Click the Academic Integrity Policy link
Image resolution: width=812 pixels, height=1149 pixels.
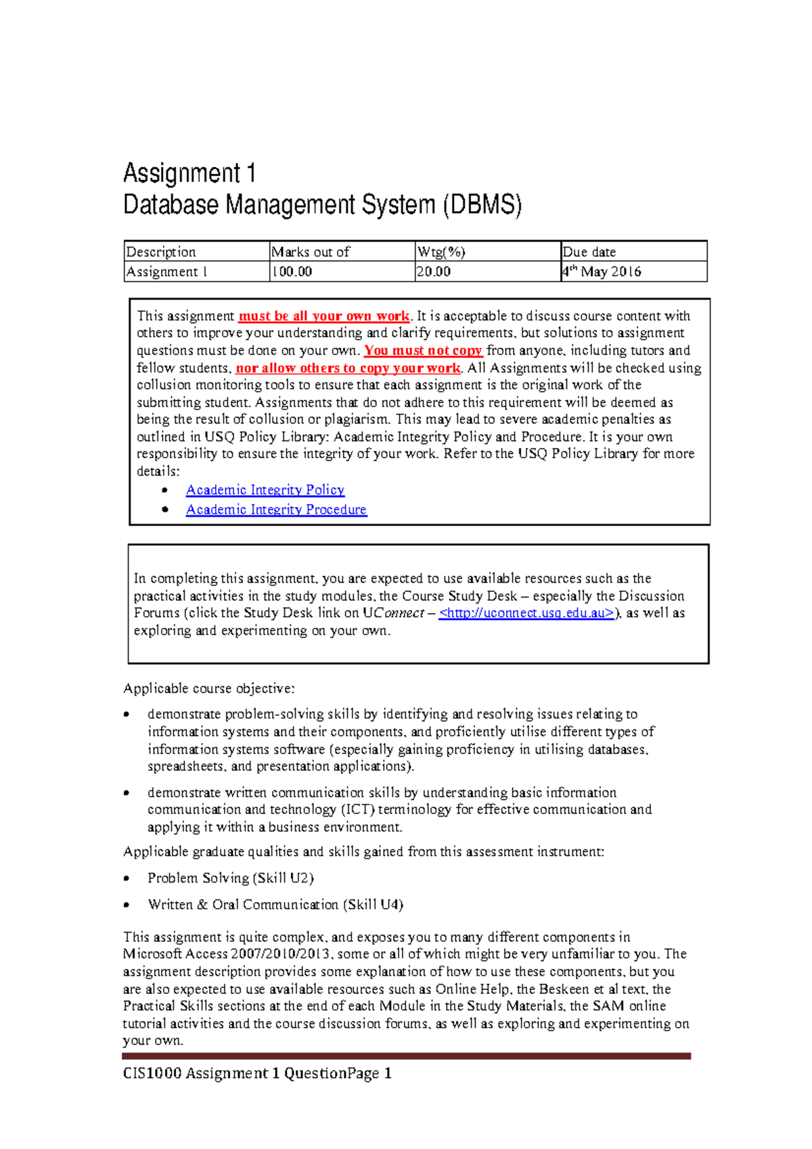pos(265,490)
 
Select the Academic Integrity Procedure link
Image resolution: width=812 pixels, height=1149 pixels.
pos(276,510)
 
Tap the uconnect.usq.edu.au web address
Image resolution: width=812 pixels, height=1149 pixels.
pos(527,613)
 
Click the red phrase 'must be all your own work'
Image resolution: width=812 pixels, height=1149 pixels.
pos(324,316)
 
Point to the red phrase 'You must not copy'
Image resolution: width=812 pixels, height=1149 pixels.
pos(423,351)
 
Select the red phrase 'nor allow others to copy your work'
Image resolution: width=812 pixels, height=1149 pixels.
pos(348,368)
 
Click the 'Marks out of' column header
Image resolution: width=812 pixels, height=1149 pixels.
pos(311,252)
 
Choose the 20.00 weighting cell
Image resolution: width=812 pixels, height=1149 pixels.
pos(434,272)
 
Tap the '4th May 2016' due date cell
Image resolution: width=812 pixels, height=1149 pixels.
pos(602,272)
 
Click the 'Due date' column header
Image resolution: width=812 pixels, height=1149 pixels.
pos(589,252)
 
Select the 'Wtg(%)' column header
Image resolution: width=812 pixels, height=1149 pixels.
pos(441,252)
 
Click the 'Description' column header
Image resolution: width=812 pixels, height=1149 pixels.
pos(161,252)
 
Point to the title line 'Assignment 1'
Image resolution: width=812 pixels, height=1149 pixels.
pos(189,174)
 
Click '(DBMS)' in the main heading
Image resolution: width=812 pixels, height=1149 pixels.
pos(482,205)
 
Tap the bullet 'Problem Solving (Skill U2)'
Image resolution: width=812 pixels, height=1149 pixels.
pos(230,878)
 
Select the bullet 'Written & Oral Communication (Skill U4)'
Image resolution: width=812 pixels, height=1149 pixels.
pos(275,905)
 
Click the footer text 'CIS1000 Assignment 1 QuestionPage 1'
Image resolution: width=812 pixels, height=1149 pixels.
pos(257,1073)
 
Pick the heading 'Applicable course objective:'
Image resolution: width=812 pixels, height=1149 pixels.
pos(208,689)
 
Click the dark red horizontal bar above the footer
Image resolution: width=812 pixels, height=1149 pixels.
pos(406,1056)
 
